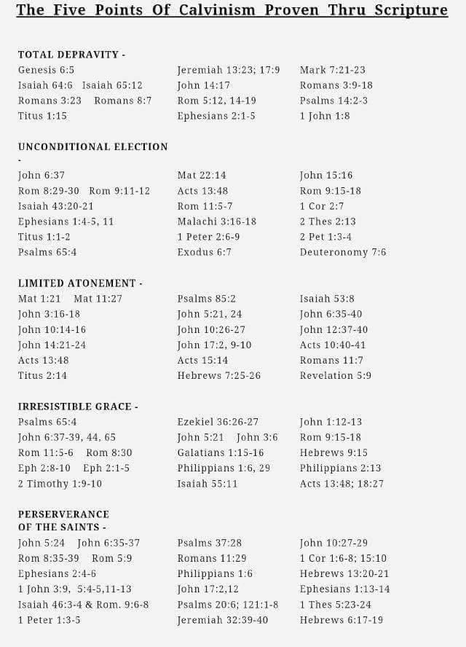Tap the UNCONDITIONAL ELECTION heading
coord(93,146)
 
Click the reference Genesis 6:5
coord(47,70)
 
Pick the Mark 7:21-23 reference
coord(333,70)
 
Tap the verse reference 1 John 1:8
coord(325,116)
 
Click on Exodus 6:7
coord(205,252)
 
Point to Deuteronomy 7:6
coord(343,252)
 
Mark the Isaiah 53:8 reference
coord(327,298)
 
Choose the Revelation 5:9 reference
coord(336,375)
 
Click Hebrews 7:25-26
coord(219,375)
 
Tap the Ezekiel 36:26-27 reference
coord(218,422)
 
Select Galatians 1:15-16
coord(221,452)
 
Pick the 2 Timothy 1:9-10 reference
coord(60,483)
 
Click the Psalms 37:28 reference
coord(210,543)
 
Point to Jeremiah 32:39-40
coord(223,620)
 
